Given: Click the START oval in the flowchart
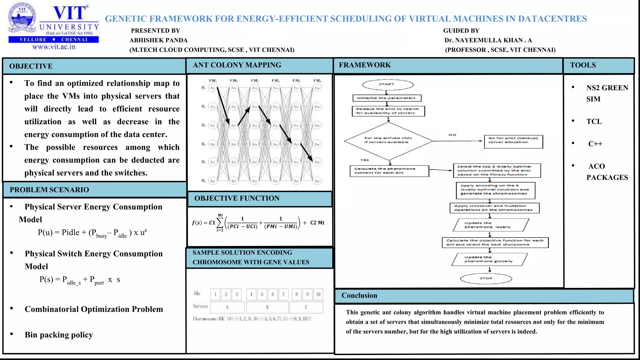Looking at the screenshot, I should pyautogui.click(x=387, y=85).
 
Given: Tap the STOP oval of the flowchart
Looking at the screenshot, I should pyautogui.click(x=486, y=278).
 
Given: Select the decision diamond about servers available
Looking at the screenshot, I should pyautogui.click(x=388, y=141).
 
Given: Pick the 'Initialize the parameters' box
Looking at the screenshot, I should pyautogui.click(x=387, y=98).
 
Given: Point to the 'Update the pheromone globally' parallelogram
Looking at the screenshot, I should pyautogui.click(x=489, y=259).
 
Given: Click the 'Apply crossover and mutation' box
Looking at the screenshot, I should pyautogui.click(x=494, y=208).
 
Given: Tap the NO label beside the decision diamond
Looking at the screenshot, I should pyautogui.click(x=452, y=135).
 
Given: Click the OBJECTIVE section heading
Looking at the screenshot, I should pyautogui.click(x=31, y=66).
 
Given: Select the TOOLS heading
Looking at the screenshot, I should pyautogui.click(x=583, y=65).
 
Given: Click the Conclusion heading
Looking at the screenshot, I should pyautogui.click(x=359, y=296).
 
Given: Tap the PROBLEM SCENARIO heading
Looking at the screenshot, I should pyautogui.click(x=49, y=190).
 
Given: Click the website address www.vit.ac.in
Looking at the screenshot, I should pyautogui.click(x=54, y=47).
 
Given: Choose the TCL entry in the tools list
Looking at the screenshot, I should pyautogui.click(x=594, y=122).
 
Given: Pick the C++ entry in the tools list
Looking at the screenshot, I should pyautogui.click(x=595, y=144).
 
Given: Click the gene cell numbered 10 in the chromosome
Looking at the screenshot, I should pyautogui.click(x=318, y=294).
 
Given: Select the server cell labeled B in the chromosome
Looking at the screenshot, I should pyautogui.click(x=267, y=307).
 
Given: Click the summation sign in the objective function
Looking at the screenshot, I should pyautogui.click(x=220, y=222).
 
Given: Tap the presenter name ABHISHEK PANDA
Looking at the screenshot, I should pyautogui.click(x=159, y=40).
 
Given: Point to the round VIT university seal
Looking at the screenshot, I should pyautogui.click(x=22, y=18).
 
